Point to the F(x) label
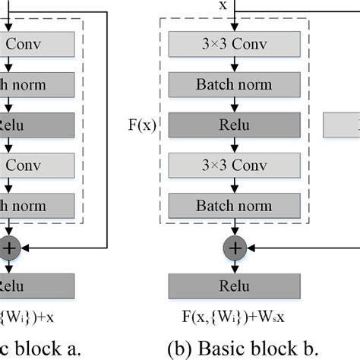143,124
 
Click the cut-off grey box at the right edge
342,124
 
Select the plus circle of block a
9,246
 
